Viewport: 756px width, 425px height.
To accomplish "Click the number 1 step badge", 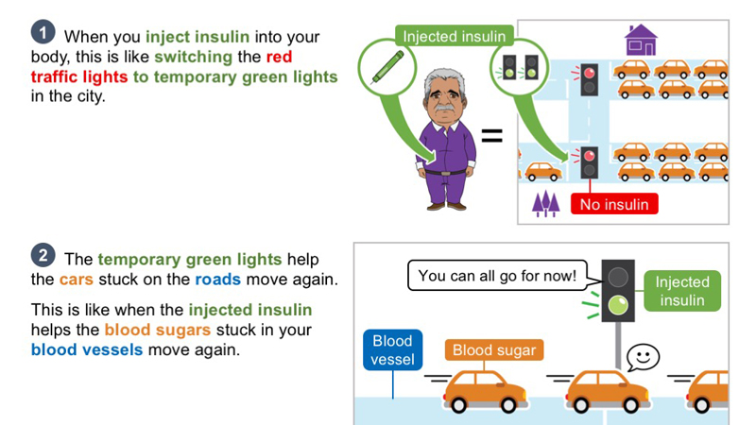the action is tap(43, 32).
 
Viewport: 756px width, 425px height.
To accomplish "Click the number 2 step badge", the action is tap(43, 255).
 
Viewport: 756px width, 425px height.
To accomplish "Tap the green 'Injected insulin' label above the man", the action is tap(455, 36).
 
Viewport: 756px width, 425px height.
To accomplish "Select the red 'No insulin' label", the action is tap(614, 204).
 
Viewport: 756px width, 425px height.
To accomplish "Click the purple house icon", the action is tap(641, 40).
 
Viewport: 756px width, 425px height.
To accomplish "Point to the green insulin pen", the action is tap(387, 67).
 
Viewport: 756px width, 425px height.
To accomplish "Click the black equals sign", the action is tap(491, 135).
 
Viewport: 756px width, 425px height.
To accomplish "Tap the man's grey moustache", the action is tap(444, 109).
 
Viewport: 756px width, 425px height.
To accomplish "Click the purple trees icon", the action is tap(545, 203).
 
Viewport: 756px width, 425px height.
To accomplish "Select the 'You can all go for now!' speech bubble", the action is tap(498, 276).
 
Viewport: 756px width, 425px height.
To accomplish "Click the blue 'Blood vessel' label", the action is tap(392, 349).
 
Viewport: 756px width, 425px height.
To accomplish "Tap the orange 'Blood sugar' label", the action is tap(494, 349).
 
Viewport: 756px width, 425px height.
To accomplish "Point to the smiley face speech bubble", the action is tap(643, 358).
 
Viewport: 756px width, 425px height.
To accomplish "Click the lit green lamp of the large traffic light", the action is tap(618, 304).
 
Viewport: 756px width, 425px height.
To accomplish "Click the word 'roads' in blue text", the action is tap(217, 280).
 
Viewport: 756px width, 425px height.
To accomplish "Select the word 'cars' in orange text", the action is tap(77, 280).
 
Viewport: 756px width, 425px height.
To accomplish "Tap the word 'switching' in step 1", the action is tap(194, 57).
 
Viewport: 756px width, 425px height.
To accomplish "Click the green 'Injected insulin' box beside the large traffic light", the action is tap(682, 291).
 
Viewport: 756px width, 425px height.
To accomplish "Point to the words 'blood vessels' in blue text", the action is tap(87, 349).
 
